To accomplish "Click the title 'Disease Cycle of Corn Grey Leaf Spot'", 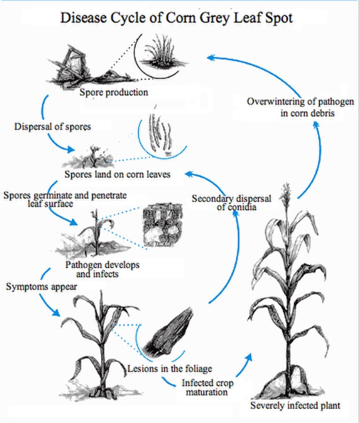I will tap(176, 18).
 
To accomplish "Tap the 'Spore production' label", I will tap(114, 93).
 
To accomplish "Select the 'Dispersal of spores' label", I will tap(53, 127).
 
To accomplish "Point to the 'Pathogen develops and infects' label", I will tap(102, 269).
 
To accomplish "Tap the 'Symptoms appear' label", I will tap(42, 286).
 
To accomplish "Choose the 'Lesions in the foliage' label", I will tap(169, 369).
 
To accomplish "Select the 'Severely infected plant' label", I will tap(295, 406).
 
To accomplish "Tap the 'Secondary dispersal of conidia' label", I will tap(231, 202).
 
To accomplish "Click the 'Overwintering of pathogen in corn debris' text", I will tap(301, 107).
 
